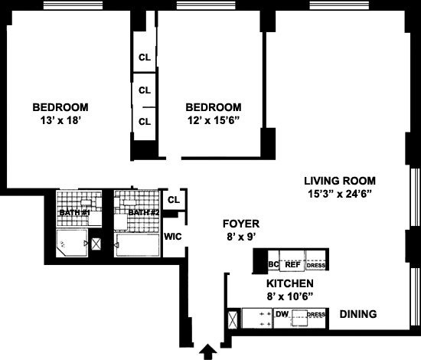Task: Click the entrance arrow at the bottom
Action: [x=207, y=352]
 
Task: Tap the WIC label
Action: [x=173, y=237]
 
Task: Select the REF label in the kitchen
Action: [x=292, y=264]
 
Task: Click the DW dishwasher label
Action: [x=282, y=314]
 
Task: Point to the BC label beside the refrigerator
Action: [x=273, y=264]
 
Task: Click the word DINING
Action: [x=358, y=314]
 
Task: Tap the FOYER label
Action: [x=241, y=224]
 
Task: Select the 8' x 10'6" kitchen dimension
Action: [x=290, y=296]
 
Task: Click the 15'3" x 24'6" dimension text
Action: [x=340, y=194]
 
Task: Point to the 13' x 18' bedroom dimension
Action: [x=60, y=120]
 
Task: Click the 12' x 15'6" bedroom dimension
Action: [x=214, y=120]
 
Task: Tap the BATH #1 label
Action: [x=74, y=213]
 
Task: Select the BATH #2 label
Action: [x=144, y=213]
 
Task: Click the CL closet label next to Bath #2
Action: [x=174, y=200]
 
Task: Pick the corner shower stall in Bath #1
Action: [x=72, y=243]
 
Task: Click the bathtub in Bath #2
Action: [x=137, y=246]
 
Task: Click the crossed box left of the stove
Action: [x=233, y=319]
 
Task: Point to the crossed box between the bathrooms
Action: [x=96, y=244]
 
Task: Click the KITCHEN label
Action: [x=290, y=283]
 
